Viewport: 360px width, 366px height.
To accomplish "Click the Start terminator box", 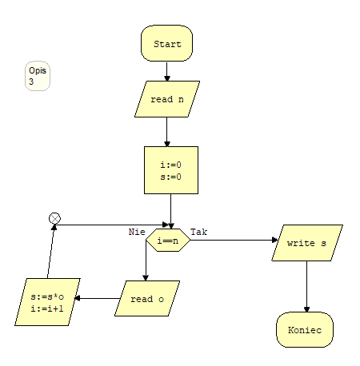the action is coord(166,43).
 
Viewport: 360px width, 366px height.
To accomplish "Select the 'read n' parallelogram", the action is coord(167,99).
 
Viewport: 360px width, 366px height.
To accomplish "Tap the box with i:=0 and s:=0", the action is coord(171,170).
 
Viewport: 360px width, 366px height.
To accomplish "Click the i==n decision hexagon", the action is coord(168,240).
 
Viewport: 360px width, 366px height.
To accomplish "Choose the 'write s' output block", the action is coord(307,243).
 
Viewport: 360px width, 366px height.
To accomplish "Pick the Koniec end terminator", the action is coord(305,330).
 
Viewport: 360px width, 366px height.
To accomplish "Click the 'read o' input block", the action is coord(147,299).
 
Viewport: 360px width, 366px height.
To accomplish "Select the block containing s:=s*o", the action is coord(47,302).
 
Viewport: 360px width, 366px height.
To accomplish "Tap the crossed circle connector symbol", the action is coord(54,218).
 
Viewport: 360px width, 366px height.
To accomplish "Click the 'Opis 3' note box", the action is coord(38,76).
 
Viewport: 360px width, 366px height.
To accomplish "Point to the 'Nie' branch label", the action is coord(137,232).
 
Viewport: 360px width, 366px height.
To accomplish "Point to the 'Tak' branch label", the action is coord(199,232).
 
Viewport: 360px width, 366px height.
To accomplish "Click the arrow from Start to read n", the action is coord(167,71).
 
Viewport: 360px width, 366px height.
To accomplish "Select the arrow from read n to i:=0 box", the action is coord(167,132).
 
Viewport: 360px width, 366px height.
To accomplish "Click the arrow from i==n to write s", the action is coord(234,240).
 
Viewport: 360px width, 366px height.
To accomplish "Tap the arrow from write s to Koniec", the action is coord(306,287).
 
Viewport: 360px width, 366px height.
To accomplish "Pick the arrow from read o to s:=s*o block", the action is coord(97,298).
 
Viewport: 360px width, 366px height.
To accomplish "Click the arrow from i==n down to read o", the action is coord(146,261).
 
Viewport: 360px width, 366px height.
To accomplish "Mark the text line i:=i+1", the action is coord(47,308).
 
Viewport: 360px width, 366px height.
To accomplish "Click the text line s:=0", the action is coord(171,177).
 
